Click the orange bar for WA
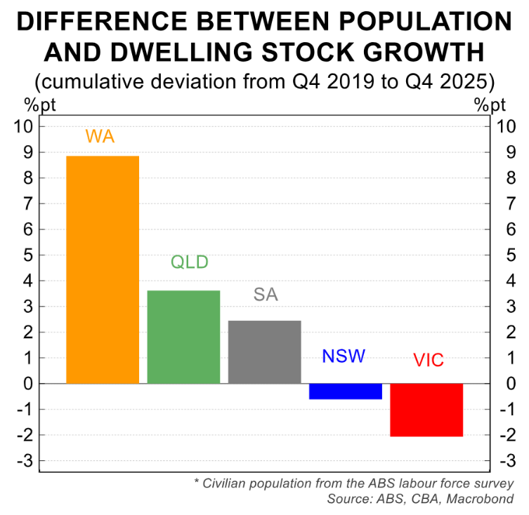[102, 270]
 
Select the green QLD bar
[183, 337]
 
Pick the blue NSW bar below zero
[345, 392]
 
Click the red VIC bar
[426, 410]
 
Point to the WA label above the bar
[100, 136]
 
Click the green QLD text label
[190, 263]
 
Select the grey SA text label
[266, 295]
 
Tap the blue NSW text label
[344, 356]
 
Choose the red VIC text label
[429, 361]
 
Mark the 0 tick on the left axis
[28, 384]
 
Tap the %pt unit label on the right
[490, 106]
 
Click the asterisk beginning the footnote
[197, 483]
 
